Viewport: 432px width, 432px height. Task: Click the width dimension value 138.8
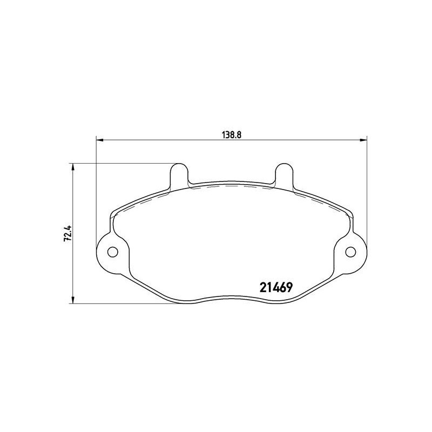(231, 136)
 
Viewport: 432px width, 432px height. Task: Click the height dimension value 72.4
(67, 233)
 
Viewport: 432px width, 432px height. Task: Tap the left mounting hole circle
(113, 252)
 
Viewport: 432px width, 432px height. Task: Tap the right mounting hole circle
(350, 252)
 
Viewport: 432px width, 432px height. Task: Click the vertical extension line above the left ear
(96, 189)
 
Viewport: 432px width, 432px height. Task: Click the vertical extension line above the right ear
(367, 189)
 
